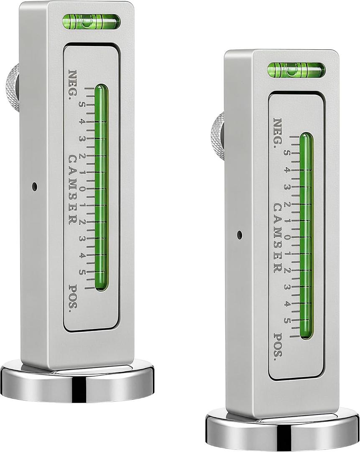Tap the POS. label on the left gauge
(x=73, y=300)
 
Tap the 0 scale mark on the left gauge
(x=82, y=189)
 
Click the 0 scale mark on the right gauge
(x=287, y=238)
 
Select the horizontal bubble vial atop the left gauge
(x=91, y=22)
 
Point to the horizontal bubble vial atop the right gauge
(x=296, y=70)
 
